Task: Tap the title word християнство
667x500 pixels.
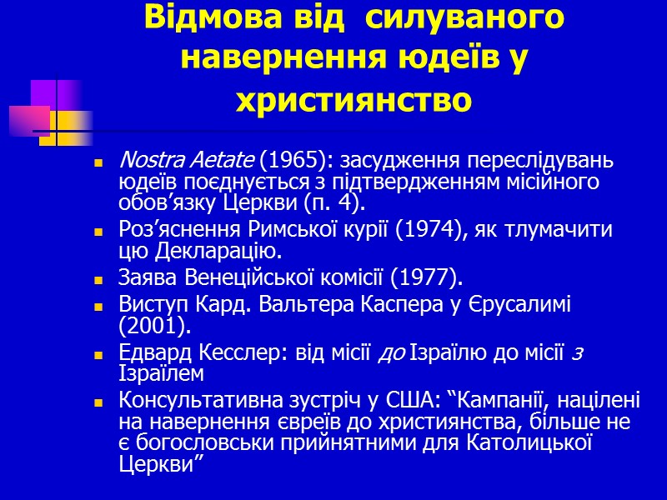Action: [354, 100]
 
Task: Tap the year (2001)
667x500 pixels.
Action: [146, 327]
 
